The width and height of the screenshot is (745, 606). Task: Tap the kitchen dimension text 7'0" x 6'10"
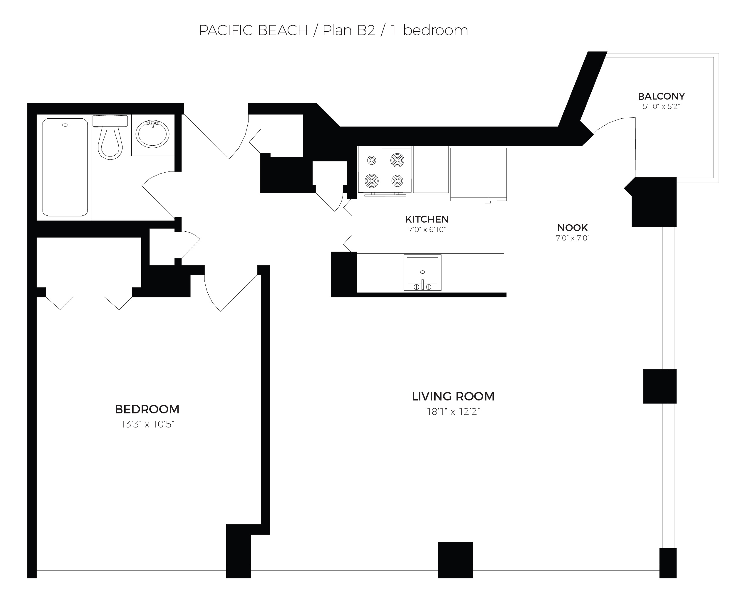427,230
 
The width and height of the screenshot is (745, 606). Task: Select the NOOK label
573,228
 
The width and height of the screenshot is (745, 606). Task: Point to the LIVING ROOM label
453,397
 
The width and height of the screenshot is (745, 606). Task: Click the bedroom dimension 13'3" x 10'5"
147,425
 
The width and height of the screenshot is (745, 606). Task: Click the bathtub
65,168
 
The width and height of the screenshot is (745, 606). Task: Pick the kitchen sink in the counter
422,272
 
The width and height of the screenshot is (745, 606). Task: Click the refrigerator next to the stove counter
478,174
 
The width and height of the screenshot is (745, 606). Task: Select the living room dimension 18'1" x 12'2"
453,412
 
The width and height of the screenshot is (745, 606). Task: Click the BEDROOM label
147,409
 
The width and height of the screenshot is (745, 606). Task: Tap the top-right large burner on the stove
397,160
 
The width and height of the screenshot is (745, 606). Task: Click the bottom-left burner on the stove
372,181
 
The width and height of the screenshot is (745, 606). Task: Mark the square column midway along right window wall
660,386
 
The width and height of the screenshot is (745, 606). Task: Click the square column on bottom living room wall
455,560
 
